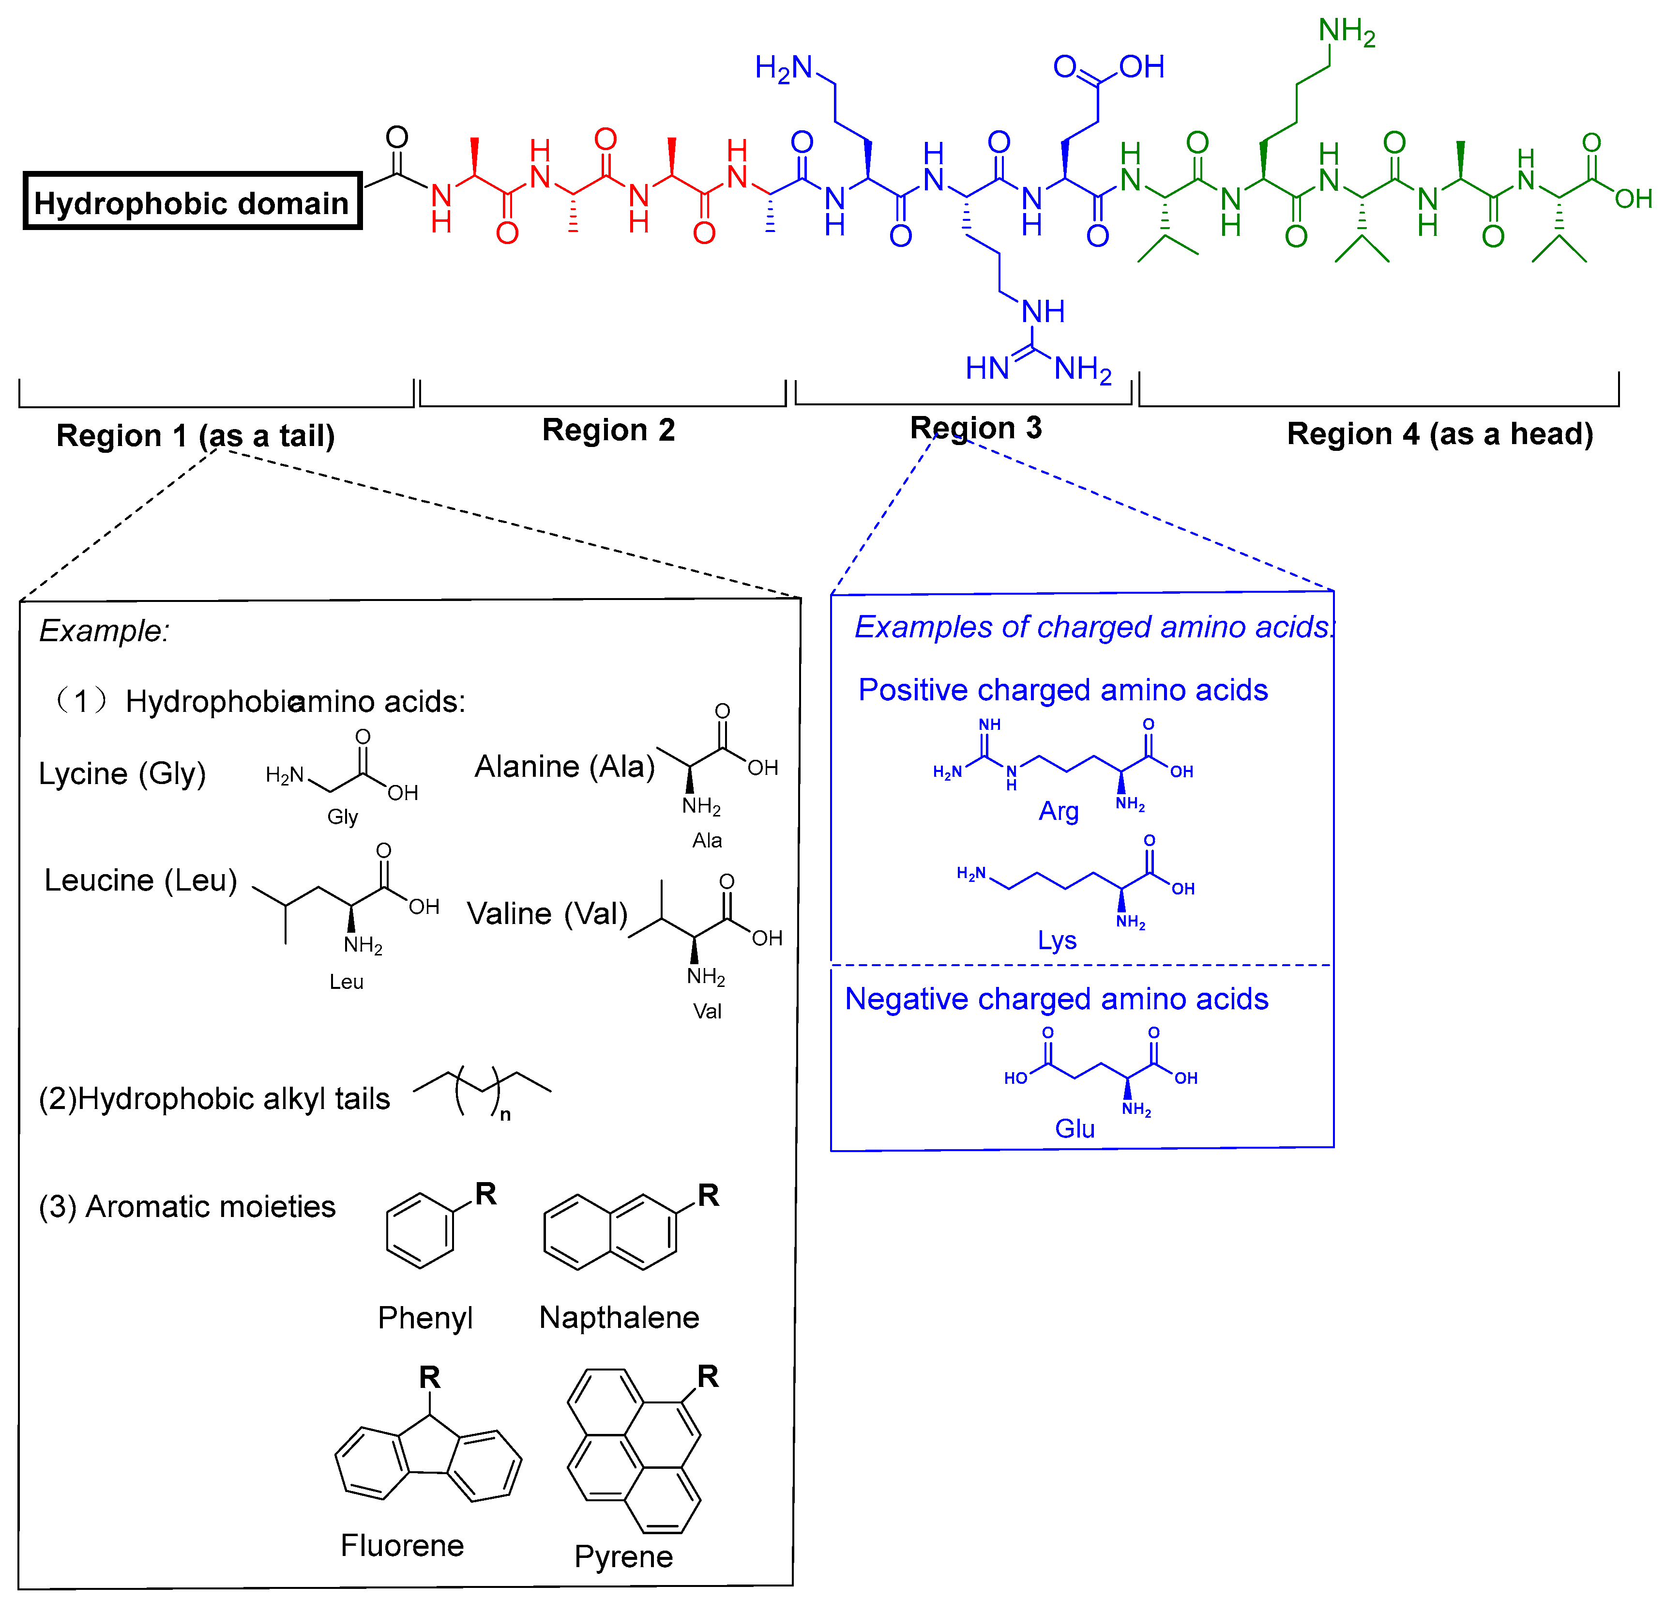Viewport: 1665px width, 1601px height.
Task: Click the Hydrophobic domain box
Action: pos(192,201)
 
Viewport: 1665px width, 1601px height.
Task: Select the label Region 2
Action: pos(608,430)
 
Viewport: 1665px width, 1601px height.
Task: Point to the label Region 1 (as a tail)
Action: pos(196,436)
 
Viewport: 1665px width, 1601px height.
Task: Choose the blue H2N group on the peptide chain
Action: pos(783,68)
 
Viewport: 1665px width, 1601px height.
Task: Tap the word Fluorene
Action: pos(402,1545)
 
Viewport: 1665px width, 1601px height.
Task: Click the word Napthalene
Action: pos(619,1317)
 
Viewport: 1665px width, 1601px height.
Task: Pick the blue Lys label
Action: pos(1057,940)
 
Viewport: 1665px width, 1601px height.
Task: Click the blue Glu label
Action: pos(1075,1128)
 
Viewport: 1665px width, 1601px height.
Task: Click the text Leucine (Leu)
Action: pos(141,880)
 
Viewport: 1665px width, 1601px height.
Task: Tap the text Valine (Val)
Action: pos(547,913)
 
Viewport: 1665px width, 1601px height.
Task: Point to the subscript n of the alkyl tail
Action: pos(505,1114)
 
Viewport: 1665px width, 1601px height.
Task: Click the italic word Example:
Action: pos(104,631)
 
